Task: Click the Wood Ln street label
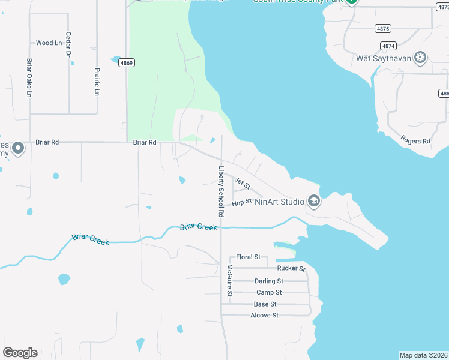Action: tap(49, 43)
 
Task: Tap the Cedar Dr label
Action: tap(68, 45)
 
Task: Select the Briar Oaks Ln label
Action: tap(29, 78)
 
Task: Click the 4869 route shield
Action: tap(127, 62)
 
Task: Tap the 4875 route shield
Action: tap(382, 28)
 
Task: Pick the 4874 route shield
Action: tap(388, 46)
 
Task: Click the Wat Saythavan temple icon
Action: tap(421, 58)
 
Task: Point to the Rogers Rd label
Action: tap(415, 142)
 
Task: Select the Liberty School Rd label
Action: tap(221, 191)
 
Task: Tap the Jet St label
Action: tap(242, 184)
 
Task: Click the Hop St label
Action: tap(241, 203)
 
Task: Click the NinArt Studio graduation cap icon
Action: tap(313, 202)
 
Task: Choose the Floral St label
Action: tap(248, 257)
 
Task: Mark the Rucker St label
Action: tap(292, 268)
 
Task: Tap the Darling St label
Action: tap(268, 281)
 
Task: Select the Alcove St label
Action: tap(264, 315)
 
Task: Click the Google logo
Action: tap(20, 353)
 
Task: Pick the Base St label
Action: tap(265, 304)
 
